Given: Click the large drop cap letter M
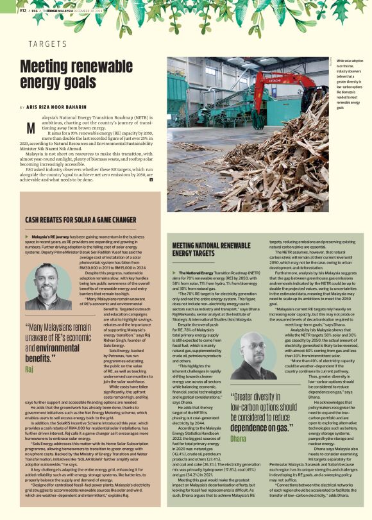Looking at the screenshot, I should tap(29, 126).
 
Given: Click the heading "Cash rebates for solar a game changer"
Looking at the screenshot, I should tap(80, 219).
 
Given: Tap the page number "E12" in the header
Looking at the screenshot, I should tap(23, 10).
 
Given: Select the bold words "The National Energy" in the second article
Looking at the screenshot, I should tap(196, 273).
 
